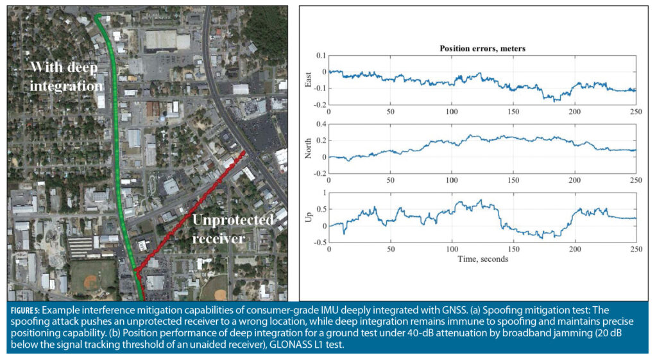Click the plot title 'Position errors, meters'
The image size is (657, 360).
pos(482,48)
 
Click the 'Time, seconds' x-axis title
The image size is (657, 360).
pos(482,259)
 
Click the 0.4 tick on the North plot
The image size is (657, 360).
pos(320,124)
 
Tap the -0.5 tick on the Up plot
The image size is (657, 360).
pos(318,242)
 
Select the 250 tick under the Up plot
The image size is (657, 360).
pos(636,249)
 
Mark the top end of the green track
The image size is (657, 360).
pos(98,15)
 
